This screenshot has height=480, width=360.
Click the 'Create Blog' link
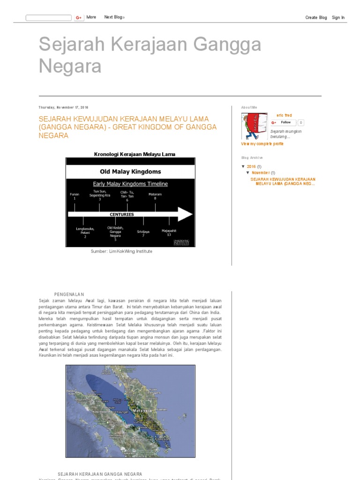coord(316,17)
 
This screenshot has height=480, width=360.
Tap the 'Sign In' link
coord(338,17)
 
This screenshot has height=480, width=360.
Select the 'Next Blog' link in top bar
coord(114,17)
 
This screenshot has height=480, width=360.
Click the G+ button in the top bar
coord(78,18)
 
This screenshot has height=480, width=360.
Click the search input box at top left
coord(48,18)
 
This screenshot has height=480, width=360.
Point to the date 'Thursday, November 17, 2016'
coord(63,107)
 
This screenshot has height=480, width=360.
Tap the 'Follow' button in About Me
coord(283,122)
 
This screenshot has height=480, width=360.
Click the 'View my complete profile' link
coord(262,144)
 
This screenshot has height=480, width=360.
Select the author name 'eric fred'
coord(284,115)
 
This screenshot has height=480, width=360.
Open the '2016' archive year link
coord(251,166)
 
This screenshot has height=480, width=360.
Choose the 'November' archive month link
coord(261,173)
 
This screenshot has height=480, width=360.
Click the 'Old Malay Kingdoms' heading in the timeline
coord(130,172)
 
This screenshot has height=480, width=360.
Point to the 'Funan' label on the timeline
coord(74,194)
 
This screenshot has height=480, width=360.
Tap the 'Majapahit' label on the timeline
coord(169,231)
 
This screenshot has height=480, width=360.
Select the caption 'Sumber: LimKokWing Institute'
coord(121,251)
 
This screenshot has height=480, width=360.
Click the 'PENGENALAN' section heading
coord(69,294)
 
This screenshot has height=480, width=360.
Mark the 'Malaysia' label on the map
coord(143,409)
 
